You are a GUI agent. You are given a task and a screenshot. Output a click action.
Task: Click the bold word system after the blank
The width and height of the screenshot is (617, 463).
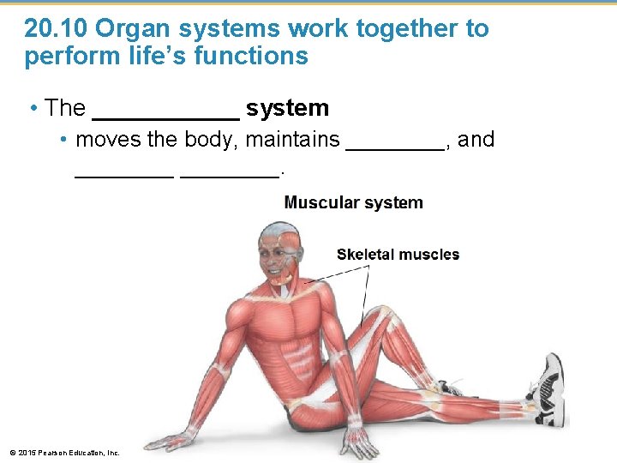click(x=287, y=108)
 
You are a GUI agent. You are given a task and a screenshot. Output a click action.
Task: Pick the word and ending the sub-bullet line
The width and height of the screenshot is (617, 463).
click(x=476, y=139)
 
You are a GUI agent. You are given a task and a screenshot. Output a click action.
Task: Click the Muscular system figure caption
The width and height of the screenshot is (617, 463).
click(x=353, y=203)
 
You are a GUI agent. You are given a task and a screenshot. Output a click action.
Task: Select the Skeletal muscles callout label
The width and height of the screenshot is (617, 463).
click(x=398, y=255)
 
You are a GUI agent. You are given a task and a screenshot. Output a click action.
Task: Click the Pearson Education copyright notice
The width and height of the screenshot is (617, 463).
click(x=64, y=452)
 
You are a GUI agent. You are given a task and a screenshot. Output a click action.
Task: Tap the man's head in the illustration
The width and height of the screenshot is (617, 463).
click(x=280, y=251)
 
